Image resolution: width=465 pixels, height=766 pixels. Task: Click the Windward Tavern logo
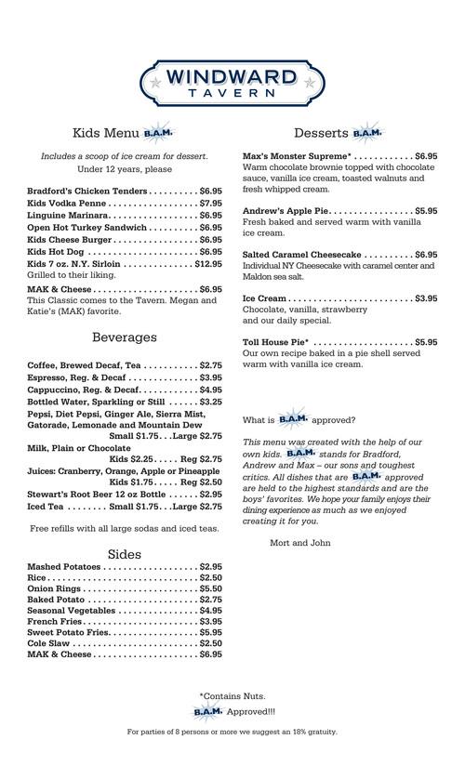point(232,82)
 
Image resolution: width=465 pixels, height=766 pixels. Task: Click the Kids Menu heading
point(103,132)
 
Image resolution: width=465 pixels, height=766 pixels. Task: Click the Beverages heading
point(125,337)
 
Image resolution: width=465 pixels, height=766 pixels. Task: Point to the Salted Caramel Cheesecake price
point(426,254)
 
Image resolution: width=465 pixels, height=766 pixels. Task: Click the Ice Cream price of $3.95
point(426,298)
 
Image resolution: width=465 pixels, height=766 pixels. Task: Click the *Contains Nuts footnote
point(232,695)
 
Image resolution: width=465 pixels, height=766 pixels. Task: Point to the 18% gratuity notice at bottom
point(232,732)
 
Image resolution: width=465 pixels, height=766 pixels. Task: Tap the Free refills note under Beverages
point(125,528)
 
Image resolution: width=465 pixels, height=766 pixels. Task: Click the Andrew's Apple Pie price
point(426,211)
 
